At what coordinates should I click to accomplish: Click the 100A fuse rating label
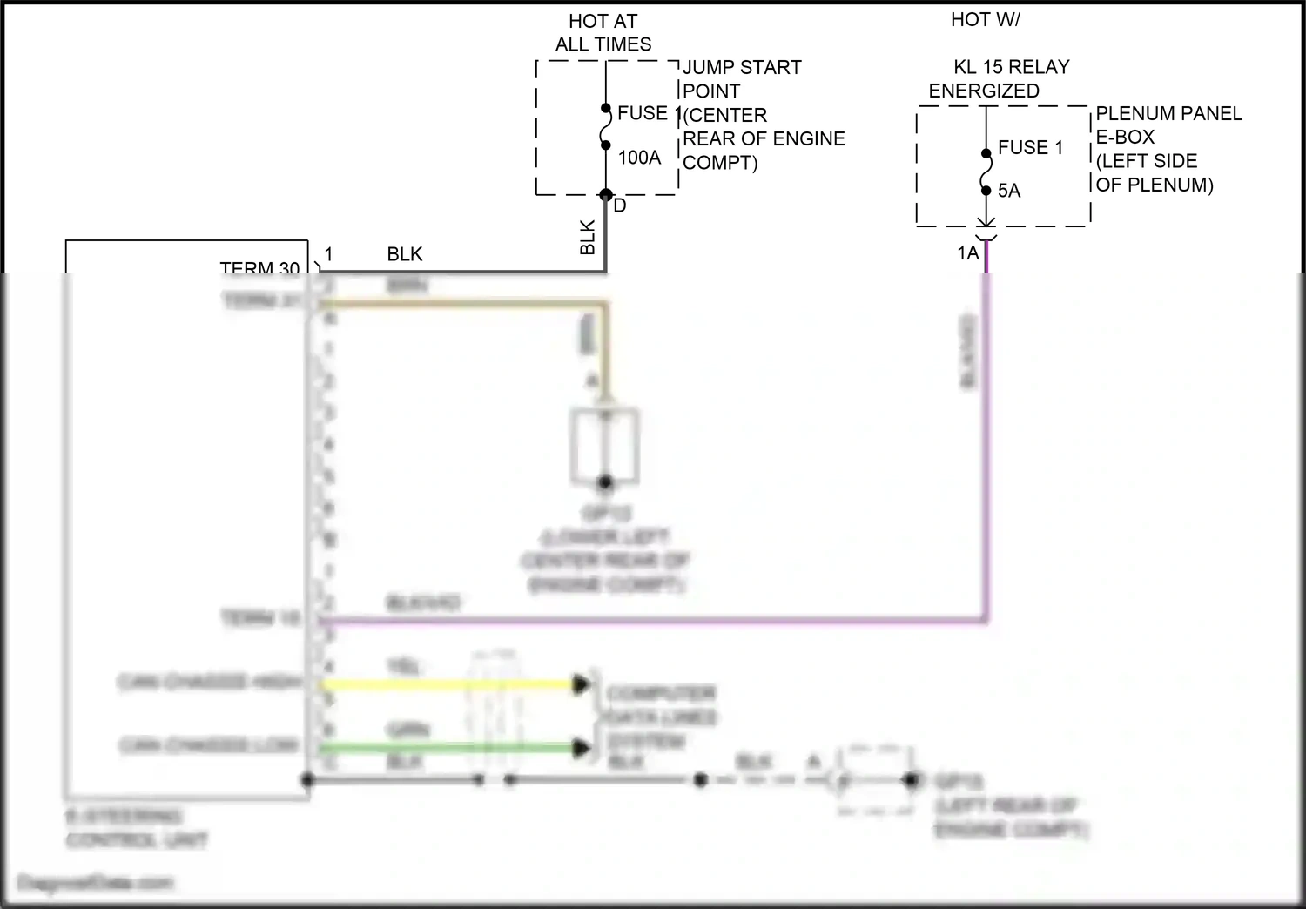click(639, 158)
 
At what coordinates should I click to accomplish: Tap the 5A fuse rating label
click(1009, 191)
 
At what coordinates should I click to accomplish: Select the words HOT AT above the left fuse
click(603, 21)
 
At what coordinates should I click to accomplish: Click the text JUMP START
click(742, 67)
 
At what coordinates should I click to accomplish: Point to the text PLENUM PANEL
click(1168, 113)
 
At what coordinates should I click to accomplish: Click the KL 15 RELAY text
click(1012, 67)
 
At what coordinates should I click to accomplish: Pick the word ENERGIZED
click(984, 91)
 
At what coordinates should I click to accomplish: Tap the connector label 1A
click(968, 252)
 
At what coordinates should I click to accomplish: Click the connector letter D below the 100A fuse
click(620, 205)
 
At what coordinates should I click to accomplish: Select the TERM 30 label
click(259, 267)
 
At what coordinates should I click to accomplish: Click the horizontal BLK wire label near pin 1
click(405, 254)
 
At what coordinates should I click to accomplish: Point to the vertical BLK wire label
click(588, 237)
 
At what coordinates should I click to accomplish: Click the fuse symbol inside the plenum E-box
click(986, 172)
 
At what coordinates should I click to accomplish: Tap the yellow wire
click(444, 684)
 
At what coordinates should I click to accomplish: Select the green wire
click(444, 748)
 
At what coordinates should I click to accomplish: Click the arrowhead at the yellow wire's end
click(582, 684)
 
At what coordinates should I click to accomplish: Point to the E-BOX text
click(1125, 137)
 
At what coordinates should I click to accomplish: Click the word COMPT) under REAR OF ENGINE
click(720, 163)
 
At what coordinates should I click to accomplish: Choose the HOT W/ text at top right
click(986, 19)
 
